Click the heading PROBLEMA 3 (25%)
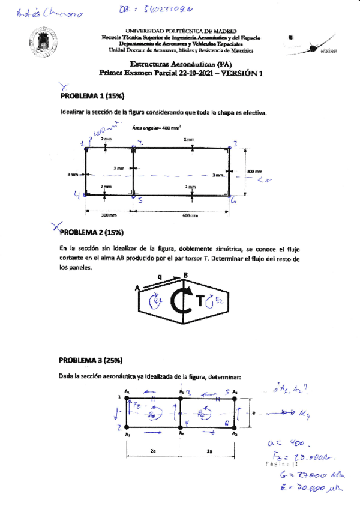(91, 360)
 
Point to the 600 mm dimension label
(191, 215)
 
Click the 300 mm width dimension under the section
(109, 215)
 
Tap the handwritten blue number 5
(140, 200)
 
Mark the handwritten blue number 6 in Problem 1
(233, 201)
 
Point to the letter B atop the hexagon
(185, 276)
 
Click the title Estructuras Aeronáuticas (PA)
(181, 63)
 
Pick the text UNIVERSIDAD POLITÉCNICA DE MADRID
(181, 30)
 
